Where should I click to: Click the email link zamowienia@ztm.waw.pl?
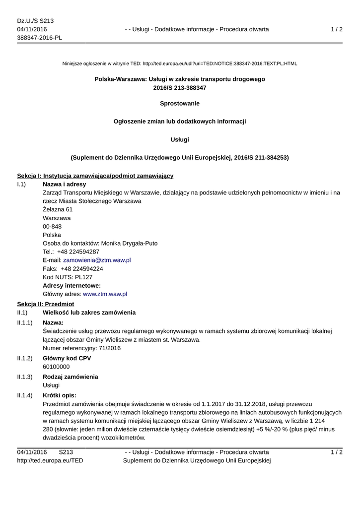pyautogui.click(x=97, y=260)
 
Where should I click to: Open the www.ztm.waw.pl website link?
pyautogui.click(x=105, y=294)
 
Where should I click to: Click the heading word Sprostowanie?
pyautogui.click(x=180, y=103)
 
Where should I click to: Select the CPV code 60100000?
pyautogui.click(x=56, y=367)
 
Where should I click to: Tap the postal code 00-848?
pyautogui.click(x=52, y=226)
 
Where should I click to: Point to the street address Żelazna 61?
pyautogui.click(x=58, y=209)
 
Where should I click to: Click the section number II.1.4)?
pyautogui.click(x=25, y=395)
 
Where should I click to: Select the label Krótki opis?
pyautogui.click(x=59, y=395)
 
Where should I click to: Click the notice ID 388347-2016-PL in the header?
pyautogui.click(x=40, y=38)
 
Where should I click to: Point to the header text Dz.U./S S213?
pyautogui.click(x=35, y=21)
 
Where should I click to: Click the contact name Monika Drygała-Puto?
pyautogui.click(x=130, y=243)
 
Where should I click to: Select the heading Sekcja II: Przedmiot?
pyautogui.click(x=45, y=304)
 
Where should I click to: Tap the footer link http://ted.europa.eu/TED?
pyautogui.click(x=50, y=460)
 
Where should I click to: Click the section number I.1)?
pyautogui.click(x=21, y=184)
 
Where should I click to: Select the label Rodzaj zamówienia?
pyautogui.click(x=71, y=377)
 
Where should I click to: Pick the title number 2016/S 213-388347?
pyautogui.click(x=180, y=88)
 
